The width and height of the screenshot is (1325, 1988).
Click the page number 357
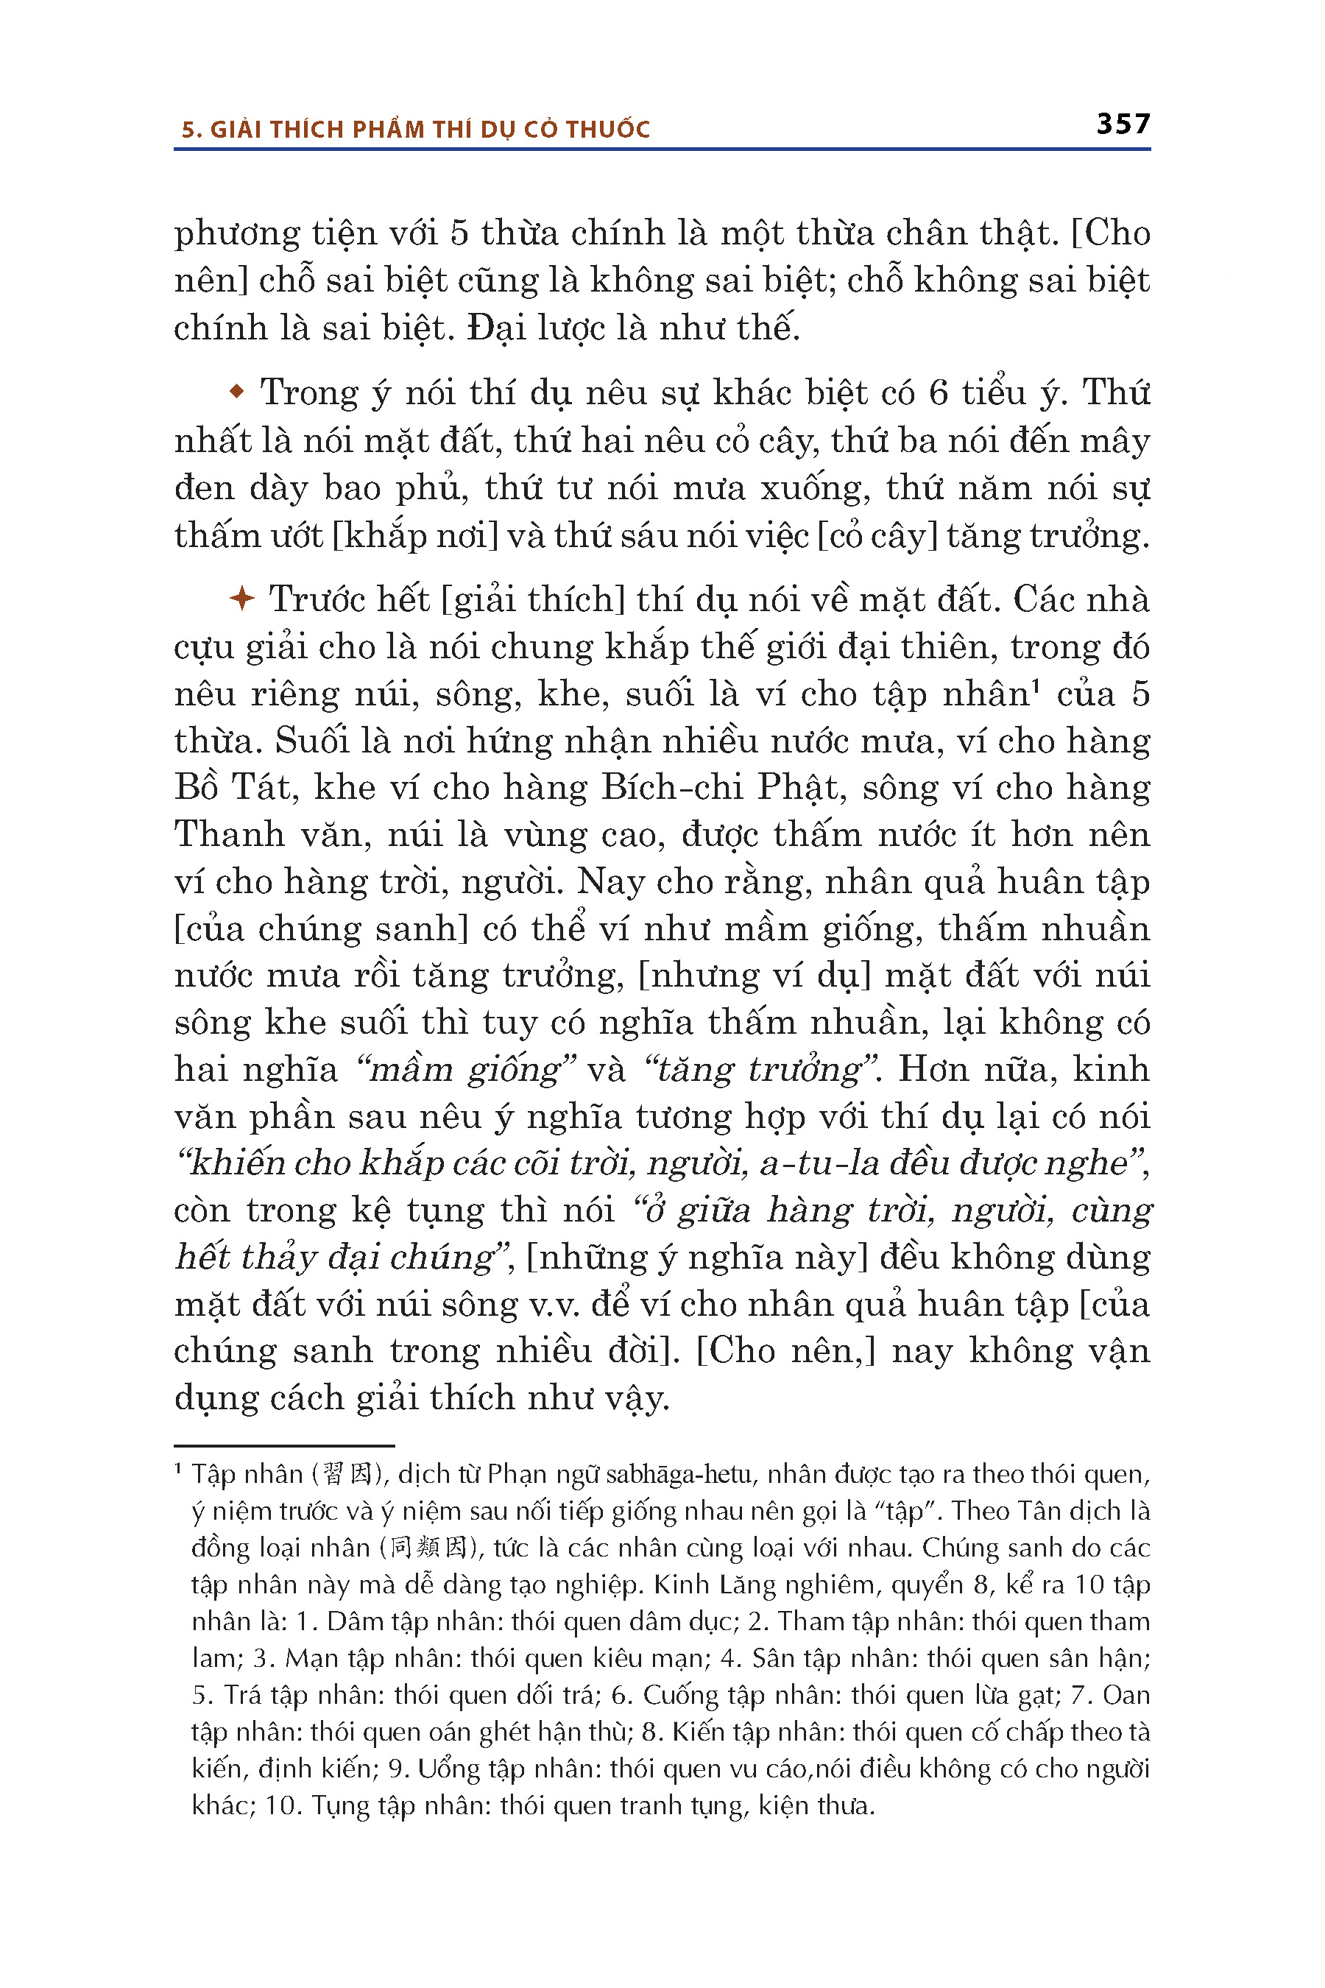pyautogui.click(x=1123, y=124)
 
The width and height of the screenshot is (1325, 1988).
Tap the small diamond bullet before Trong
pyautogui.click(x=238, y=392)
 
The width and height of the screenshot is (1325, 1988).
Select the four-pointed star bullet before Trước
pyautogui.click(x=241, y=599)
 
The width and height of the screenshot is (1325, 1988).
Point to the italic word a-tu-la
pyautogui.click(x=808, y=1163)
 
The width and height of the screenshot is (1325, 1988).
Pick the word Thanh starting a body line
pyautogui.click(x=228, y=834)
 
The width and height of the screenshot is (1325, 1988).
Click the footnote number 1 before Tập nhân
pyautogui.click(x=178, y=1470)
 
